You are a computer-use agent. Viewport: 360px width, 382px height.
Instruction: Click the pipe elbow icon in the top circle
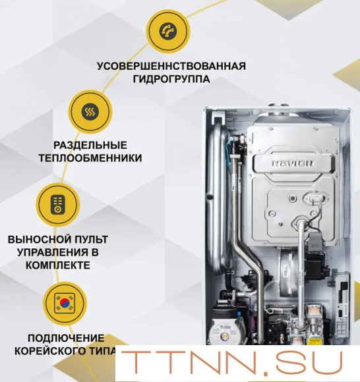point(168,31)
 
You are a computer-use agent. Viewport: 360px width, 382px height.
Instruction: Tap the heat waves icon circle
point(90,112)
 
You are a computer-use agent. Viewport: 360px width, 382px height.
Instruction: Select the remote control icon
point(58,205)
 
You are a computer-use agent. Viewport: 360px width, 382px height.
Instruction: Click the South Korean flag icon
point(65,304)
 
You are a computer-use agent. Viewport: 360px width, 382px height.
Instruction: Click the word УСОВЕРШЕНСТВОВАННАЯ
point(171,67)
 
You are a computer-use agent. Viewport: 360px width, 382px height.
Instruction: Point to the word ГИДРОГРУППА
point(171,79)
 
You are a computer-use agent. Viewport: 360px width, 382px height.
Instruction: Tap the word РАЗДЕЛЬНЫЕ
point(90,146)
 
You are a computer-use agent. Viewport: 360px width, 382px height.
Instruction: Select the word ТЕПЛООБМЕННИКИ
point(90,158)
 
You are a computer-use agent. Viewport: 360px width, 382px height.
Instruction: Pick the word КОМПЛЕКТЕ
point(58,265)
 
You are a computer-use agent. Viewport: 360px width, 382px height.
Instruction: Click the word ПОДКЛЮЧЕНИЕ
point(66,338)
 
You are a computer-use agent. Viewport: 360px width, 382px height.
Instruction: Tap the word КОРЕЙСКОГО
point(50,351)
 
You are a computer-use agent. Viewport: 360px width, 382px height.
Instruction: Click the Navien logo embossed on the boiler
point(293,163)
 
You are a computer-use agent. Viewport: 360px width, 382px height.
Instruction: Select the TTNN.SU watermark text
point(231,363)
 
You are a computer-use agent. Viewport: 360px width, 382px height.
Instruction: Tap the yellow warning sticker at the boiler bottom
point(314,341)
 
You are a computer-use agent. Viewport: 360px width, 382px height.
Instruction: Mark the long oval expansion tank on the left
point(218,195)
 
